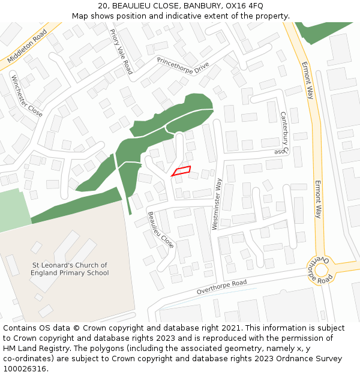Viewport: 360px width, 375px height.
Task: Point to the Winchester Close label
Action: click(x=27, y=95)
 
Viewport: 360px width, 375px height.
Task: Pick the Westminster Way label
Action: click(x=217, y=205)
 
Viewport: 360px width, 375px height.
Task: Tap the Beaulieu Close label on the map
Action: click(x=160, y=230)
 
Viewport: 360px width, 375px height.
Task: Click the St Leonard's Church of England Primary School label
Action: click(x=70, y=269)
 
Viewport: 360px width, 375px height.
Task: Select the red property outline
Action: click(x=181, y=172)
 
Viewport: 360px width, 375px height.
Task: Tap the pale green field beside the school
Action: click(x=13, y=210)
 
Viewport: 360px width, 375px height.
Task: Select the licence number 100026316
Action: click(x=25, y=369)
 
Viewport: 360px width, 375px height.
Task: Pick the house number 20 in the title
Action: click(x=103, y=6)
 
